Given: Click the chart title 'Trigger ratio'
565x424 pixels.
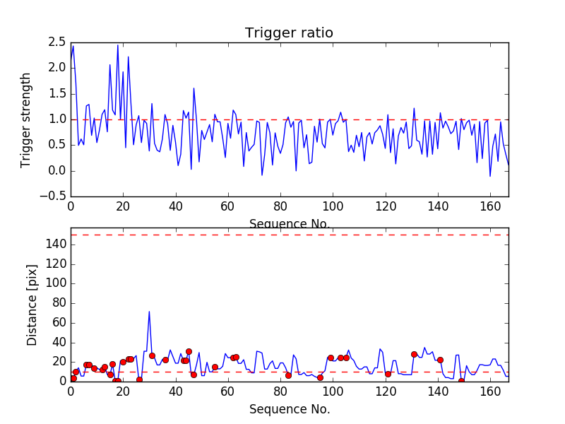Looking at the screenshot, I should tap(289, 33).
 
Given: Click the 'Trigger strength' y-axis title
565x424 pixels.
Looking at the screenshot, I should tap(27, 120).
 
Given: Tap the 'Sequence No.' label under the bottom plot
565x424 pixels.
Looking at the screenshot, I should tap(289, 409).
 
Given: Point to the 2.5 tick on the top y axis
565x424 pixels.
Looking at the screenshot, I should tap(58, 42).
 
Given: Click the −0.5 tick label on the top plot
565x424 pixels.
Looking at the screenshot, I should tap(54, 196).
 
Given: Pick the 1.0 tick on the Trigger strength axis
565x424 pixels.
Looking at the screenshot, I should tap(58, 119).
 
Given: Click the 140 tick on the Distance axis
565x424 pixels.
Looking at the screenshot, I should tap(56, 245).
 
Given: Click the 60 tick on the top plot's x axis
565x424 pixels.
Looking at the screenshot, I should tap(227, 207).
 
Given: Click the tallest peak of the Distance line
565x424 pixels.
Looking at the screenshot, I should tap(149, 311).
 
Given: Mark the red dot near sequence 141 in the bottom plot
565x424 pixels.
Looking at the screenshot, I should tap(440, 360).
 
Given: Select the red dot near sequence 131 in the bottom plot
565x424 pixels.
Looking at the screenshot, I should tap(414, 354).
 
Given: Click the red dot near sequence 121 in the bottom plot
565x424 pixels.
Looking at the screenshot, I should tap(388, 374).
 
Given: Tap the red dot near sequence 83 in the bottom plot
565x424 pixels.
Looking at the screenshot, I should tap(288, 375).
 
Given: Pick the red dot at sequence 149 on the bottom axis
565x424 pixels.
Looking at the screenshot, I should tap(461, 381).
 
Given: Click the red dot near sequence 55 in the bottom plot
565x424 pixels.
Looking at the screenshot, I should tap(215, 367).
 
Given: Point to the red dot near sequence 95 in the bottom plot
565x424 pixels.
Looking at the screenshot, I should tap(320, 377).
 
